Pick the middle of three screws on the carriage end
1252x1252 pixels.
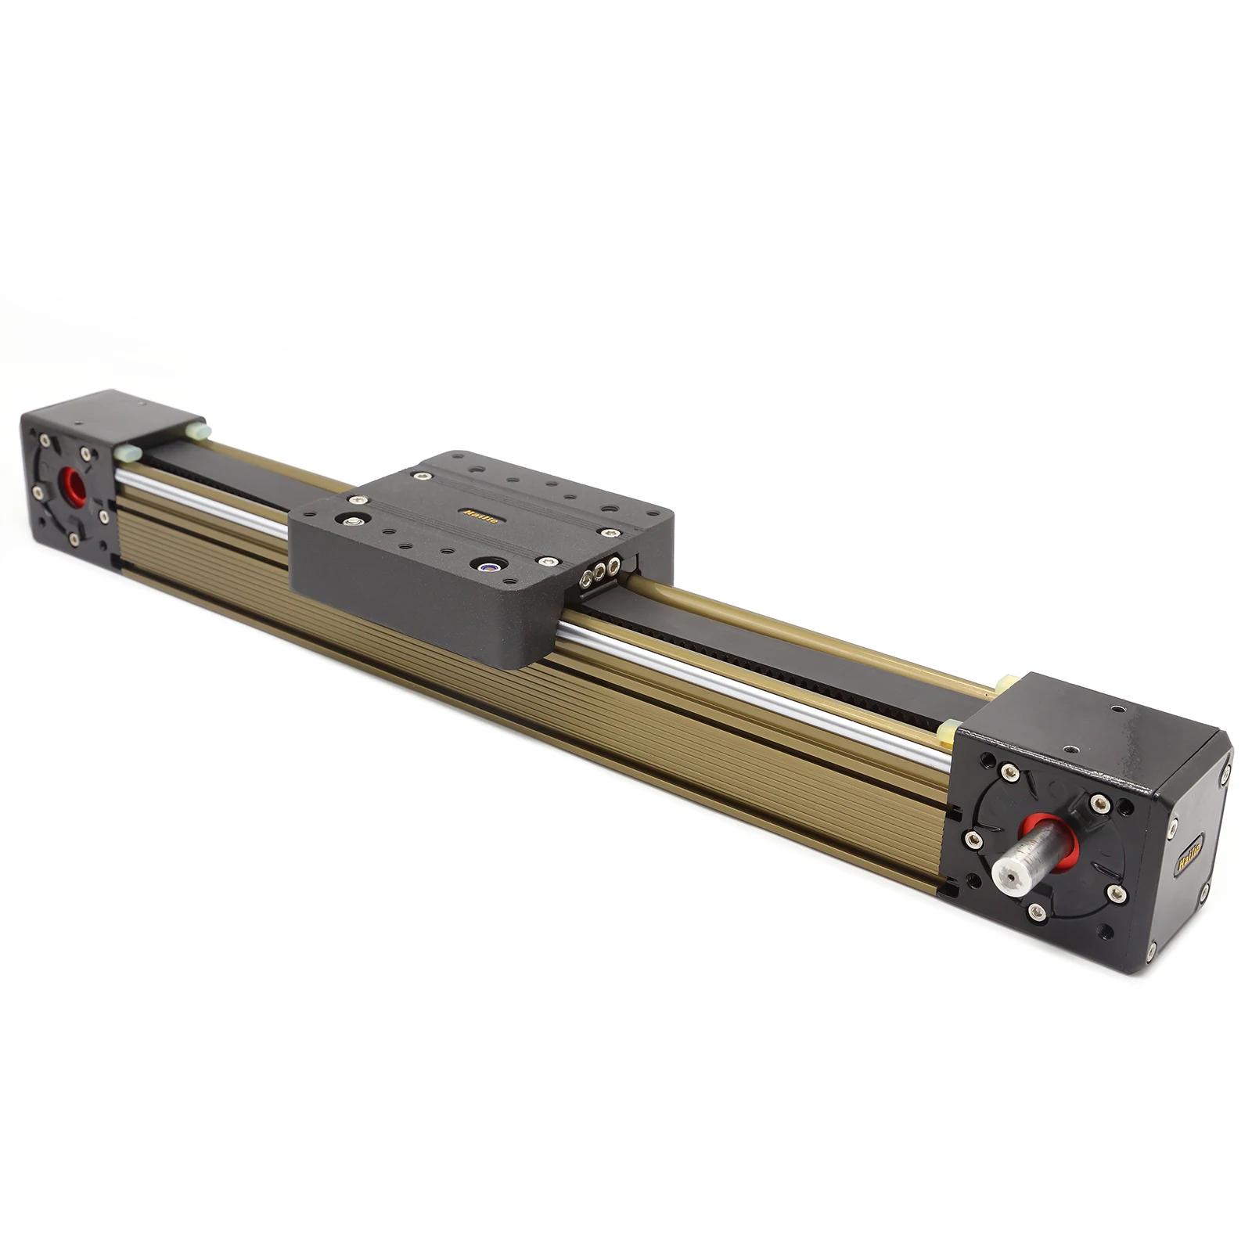pos(600,572)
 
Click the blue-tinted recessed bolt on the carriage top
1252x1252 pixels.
pos(490,565)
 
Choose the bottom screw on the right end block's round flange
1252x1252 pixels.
pos(1038,910)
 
